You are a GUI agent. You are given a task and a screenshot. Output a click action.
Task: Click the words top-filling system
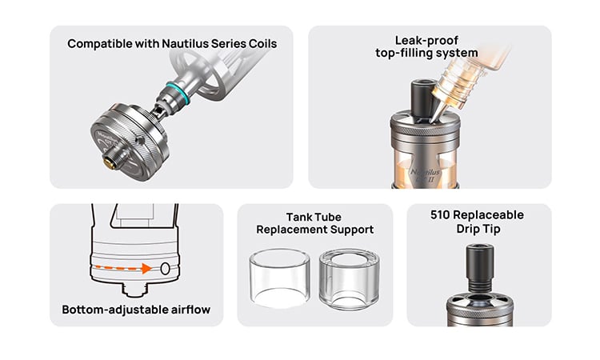tap(426, 54)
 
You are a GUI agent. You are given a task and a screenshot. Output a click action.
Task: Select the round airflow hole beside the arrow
tap(166, 269)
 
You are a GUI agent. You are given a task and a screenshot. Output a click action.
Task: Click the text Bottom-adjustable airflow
tap(136, 310)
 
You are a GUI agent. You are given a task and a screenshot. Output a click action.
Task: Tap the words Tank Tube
tap(314, 217)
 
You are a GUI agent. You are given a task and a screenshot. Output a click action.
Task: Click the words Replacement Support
tap(314, 230)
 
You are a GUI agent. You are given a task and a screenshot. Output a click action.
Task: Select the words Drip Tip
tap(478, 230)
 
